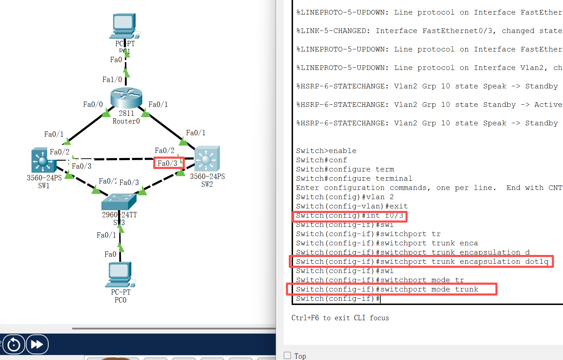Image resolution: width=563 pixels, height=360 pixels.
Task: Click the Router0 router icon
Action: (x=126, y=98)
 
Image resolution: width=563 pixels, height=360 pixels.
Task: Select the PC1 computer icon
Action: (x=123, y=26)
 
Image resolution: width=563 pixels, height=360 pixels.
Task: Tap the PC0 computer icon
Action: (x=120, y=274)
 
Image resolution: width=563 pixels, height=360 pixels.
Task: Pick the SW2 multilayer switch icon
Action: (x=207, y=159)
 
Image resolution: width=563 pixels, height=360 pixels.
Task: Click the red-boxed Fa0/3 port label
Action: (x=167, y=163)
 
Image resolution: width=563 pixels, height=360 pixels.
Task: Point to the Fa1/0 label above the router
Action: (x=112, y=80)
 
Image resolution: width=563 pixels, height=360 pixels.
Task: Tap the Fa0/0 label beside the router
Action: (x=93, y=104)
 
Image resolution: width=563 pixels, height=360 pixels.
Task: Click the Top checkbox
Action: (x=287, y=355)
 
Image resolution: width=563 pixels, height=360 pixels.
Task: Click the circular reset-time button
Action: (x=14, y=344)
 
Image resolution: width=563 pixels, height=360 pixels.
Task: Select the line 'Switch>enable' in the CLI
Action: (x=326, y=151)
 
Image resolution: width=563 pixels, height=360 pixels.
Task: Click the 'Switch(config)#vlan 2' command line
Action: (x=344, y=197)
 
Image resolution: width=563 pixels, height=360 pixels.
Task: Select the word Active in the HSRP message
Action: (x=548, y=105)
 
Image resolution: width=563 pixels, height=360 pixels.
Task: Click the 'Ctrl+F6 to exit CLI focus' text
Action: (x=340, y=318)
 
